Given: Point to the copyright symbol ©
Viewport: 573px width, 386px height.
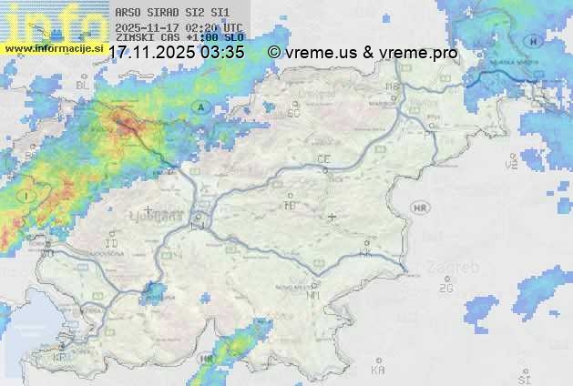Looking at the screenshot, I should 273,53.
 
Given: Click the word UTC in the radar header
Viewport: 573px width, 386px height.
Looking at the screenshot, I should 232,28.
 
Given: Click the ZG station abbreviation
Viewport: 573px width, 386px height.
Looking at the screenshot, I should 446,288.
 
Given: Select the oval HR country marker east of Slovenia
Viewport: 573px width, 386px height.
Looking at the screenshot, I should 420,208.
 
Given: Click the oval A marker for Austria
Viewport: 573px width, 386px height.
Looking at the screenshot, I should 199,107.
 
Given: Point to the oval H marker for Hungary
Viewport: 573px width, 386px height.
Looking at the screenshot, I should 534,42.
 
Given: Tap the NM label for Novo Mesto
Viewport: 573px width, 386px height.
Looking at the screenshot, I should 314,295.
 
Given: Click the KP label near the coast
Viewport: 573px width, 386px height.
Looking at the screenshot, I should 60,358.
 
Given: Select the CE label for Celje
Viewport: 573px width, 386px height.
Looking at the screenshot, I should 323,159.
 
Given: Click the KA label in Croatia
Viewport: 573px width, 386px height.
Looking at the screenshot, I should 378,371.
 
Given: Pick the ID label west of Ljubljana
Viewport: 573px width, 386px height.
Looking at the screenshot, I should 112,244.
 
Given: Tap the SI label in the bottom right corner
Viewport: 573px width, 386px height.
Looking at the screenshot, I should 523,378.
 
